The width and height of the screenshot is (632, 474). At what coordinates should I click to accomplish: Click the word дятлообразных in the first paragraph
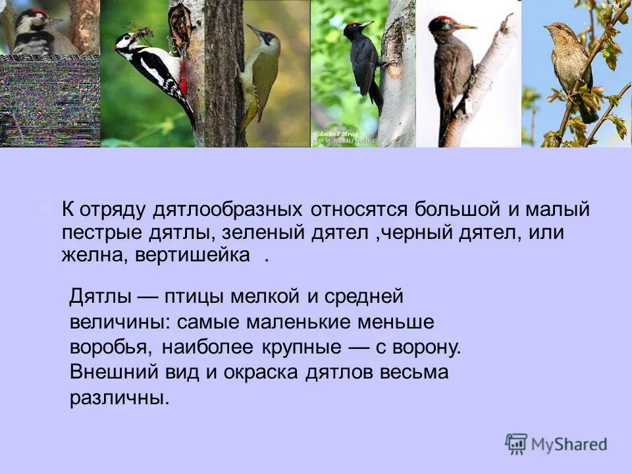click(x=227, y=211)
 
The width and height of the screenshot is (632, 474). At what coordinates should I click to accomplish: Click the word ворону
click(x=427, y=348)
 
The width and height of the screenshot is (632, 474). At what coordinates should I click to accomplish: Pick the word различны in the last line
click(x=119, y=398)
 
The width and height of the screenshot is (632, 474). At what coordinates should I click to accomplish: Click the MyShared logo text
click(x=569, y=444)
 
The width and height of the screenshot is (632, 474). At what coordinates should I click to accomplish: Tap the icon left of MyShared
click(x=516, y=444)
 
